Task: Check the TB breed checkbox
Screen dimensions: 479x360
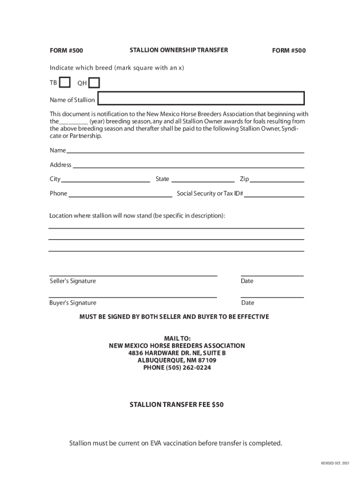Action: click(x=65, y=83)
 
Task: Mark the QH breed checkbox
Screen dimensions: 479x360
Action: click(x=94, y=83)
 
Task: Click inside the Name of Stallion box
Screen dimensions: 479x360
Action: click(x=201, y=99)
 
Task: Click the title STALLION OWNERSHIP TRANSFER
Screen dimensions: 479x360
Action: click(x=179, y=50)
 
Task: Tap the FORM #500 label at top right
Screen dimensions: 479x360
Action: click(x=289, y=51)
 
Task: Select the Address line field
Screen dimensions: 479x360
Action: click(x=188, y=165)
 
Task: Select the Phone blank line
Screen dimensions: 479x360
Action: click(x=121, y=194)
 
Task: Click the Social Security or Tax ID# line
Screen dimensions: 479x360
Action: click(x=274, y=194)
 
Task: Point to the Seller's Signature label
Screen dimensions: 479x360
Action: click(x=73, y=281)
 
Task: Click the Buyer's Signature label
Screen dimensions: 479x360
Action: click(x=73, y=303)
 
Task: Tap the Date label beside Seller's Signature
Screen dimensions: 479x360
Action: click(x=247, y=281)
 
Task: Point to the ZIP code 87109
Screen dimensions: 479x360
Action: click(x=207, y=361)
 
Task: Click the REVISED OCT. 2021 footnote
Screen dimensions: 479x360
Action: click(x=335, y=463)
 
